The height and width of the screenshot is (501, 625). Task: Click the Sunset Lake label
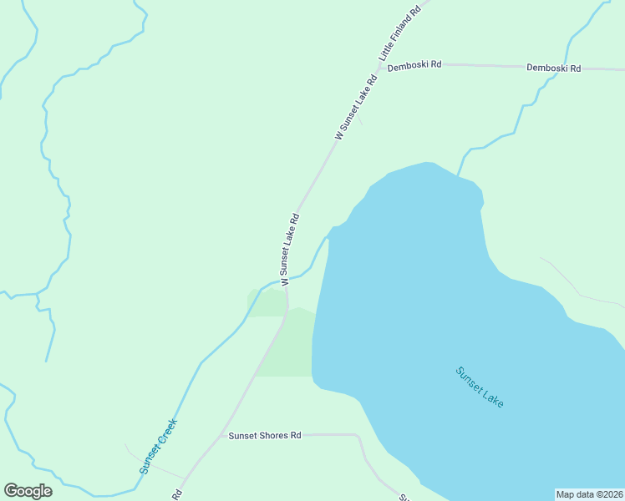click(x=480, y=387)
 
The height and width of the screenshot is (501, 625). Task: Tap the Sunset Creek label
click(x=158, y=446)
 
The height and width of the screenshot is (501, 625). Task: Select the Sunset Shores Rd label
click(x=265, y=436)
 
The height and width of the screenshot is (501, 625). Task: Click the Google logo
click(x=28, y=491)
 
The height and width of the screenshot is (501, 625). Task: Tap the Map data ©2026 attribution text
click(x=589, y=494)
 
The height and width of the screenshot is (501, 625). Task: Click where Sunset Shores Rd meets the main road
click(x=224, y=436)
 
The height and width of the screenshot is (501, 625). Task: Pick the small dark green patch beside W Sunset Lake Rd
click(x=266, y=302)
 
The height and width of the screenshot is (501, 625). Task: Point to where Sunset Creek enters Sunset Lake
click(x=328, y=239)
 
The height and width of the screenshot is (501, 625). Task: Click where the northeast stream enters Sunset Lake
click(x=458, y=175)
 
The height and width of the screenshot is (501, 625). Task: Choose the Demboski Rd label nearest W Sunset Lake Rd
click(x=414, y=64)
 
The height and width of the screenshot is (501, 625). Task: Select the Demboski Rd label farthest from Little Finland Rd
click(x=554, y=68)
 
